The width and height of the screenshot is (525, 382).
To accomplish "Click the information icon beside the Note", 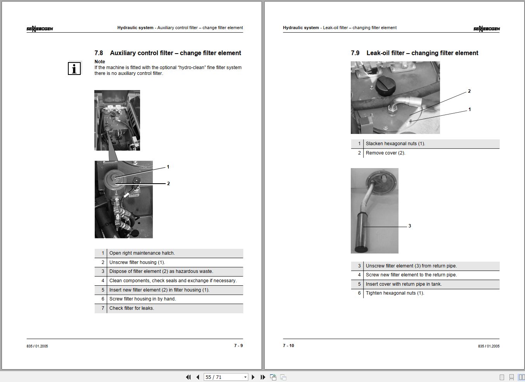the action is [74, 68].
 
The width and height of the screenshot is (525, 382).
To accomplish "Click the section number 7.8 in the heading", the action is [99, 53].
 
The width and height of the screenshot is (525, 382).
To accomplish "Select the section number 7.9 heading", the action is [355, 53].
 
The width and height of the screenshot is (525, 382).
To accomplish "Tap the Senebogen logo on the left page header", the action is [40, 29].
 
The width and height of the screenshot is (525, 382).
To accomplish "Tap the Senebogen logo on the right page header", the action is [487, 29].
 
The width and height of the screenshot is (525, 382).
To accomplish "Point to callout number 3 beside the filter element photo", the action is [410, 226].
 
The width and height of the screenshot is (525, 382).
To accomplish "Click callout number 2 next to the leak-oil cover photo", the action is [469, 91].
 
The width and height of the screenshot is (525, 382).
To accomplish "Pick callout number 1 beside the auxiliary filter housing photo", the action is [168, 167].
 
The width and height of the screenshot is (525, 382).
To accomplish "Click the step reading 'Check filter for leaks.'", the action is [132, 308].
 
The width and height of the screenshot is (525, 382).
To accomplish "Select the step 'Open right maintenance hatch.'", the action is [142, 253].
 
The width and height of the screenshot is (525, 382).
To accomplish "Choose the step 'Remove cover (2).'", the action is [386, 153].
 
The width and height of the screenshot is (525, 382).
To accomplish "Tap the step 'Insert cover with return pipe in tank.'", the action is [404, 284].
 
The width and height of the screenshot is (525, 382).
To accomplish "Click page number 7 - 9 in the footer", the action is [238, 346].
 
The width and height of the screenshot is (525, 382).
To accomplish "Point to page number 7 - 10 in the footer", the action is [288, 346].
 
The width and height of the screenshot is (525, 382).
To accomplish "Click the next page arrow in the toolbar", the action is [253, 377].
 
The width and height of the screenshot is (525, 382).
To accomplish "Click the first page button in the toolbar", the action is [188, 377].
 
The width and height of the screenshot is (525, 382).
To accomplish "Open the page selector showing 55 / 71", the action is [226, 377].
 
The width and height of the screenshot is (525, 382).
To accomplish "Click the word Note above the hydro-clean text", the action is [100, 62].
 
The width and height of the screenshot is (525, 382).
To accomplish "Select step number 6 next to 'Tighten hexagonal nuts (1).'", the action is [359, 293].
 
